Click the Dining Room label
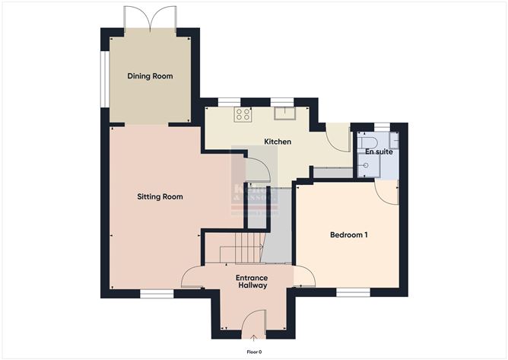150,76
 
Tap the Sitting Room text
160,196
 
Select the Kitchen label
277,142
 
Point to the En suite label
379,152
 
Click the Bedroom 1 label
348,235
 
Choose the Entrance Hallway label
251,282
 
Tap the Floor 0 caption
254,352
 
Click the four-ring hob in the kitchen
243,115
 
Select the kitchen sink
284,113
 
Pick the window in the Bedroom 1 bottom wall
353,292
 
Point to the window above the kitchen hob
229,100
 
